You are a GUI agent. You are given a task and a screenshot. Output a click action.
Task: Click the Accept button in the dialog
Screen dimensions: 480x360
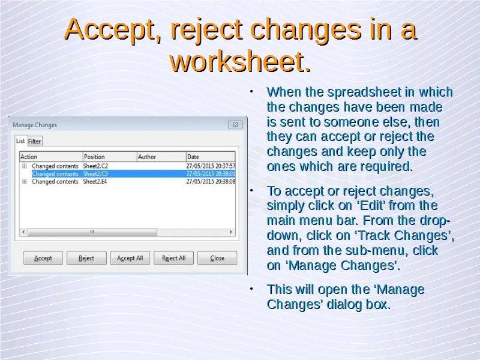[43, 258]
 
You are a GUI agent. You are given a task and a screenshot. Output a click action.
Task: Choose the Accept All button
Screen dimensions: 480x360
[130, 258]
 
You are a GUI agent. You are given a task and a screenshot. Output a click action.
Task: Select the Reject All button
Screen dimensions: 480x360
[173, 258]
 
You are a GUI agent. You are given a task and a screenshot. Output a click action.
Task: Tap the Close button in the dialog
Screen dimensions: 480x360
[217, 258]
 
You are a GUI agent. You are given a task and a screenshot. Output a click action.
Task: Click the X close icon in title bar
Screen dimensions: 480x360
[235, 125]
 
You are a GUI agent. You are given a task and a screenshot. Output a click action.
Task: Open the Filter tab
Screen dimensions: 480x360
[35, 142]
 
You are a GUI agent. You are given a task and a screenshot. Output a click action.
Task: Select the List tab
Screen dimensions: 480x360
[20, 141]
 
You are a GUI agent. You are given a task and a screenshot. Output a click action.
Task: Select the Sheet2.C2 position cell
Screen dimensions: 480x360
[95, 166]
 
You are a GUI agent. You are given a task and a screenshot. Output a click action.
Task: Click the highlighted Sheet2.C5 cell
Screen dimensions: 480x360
[95, 174]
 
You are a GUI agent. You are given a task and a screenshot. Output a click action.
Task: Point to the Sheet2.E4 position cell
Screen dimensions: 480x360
[95, 182]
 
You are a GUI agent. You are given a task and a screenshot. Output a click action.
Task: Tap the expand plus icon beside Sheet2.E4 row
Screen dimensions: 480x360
[25, 182]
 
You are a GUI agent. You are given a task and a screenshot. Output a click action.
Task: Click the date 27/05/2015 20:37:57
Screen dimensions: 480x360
[211, 166]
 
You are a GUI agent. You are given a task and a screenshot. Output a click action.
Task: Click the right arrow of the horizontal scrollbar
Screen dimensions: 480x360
[231, 232]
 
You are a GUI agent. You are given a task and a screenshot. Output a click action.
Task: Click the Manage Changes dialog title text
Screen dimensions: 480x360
[35, 125]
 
